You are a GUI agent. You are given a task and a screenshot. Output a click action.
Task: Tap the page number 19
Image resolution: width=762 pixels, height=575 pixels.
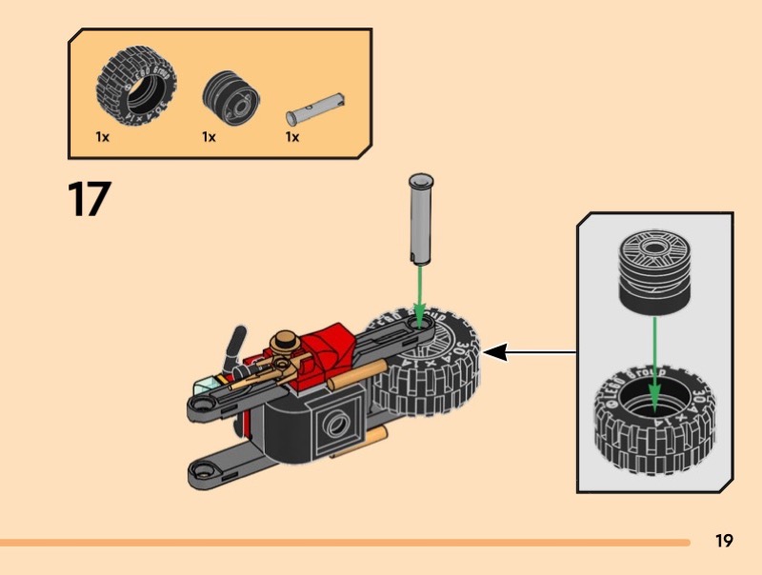pos(724,541)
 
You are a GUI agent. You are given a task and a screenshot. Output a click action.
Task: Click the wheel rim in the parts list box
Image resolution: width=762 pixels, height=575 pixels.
pos(229,95)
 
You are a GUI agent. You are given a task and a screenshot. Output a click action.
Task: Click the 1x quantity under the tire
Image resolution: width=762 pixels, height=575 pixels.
pos(102,137)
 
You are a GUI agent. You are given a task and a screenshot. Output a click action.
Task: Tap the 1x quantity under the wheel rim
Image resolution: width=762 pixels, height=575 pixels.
pos(209,137)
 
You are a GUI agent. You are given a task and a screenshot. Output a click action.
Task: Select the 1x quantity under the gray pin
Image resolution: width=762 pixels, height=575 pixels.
pos(292,137)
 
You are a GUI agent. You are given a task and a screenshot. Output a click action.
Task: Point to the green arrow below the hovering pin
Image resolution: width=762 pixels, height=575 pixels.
pos(419,290)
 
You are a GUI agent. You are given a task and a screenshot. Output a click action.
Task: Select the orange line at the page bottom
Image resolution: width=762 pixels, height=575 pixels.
pos(343,543)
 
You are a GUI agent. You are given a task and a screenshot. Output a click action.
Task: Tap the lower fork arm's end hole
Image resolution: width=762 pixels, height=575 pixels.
pos(204,468)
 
